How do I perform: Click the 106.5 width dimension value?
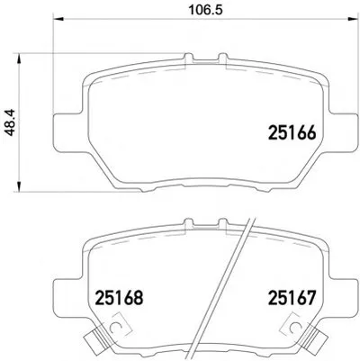[x=205, y=10]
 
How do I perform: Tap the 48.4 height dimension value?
[x=11, y=122]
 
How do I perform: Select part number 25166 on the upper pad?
[x=292, y=132]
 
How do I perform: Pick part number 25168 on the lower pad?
[x=119, y=298]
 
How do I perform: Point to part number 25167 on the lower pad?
[x=292, y=298]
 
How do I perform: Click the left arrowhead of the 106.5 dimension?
[x=58, y=19]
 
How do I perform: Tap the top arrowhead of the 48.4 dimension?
[x=19, y=59]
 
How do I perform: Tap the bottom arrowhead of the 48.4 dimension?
[x=19, y=186]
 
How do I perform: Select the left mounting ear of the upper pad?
[x=68, y=132]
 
